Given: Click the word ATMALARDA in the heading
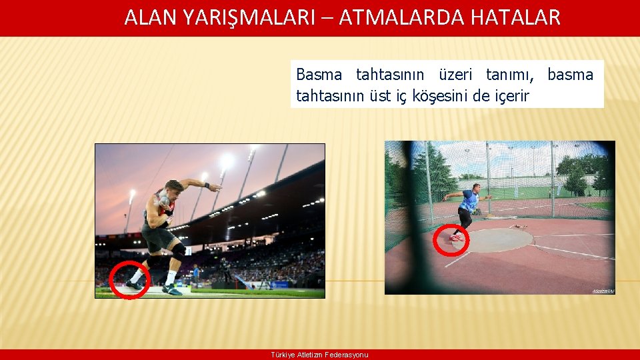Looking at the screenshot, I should click(400, 17).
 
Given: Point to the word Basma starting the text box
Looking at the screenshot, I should click(319, 75).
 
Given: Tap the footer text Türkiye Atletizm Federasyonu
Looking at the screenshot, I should click(319, 355).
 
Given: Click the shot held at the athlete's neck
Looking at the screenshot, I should click(163, 199).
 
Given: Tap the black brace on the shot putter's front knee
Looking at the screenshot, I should click(178, 252).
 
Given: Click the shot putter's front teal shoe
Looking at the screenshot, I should click(171, 290).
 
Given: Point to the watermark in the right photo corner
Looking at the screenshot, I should click(603, 291).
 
